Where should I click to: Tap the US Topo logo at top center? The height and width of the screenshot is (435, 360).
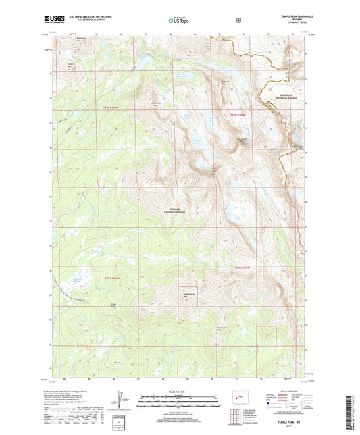[178, 21]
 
